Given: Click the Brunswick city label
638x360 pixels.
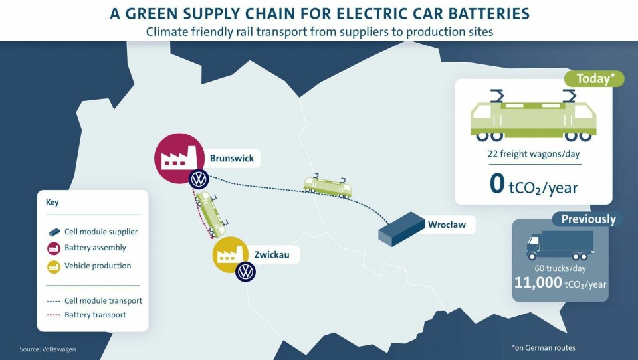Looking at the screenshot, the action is click(231, 158).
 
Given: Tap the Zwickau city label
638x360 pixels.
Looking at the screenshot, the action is click(272, 255).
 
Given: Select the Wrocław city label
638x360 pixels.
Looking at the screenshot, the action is click(447, 225).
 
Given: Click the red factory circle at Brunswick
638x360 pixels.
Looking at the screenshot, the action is click(179, 158).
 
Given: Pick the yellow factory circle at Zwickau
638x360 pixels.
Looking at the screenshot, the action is click(231, 255).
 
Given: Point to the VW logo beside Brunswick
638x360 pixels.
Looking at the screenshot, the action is click(199, 179).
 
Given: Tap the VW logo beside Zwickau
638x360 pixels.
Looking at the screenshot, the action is click(245, 272).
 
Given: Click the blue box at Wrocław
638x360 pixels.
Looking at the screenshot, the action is click(401, 229).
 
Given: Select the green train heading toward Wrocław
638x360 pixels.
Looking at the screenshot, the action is click(328, 185).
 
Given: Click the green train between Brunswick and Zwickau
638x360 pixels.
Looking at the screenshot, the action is click(211, 215).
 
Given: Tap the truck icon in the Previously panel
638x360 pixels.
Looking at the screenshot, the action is click(560, 245).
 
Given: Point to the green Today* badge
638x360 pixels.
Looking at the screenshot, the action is click(594, 78).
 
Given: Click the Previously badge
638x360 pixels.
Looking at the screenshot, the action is click(588, 219).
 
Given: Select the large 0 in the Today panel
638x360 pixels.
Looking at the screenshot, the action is click(497, 184).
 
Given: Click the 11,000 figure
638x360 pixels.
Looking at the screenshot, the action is click(538, 282).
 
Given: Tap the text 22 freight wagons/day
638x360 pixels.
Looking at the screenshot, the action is click(534, 153).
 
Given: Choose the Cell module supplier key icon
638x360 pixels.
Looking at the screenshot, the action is click(54, 232).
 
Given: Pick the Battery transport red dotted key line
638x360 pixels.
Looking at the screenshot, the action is click(54, 315).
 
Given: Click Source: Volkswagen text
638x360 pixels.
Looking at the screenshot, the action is click(48, 349).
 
